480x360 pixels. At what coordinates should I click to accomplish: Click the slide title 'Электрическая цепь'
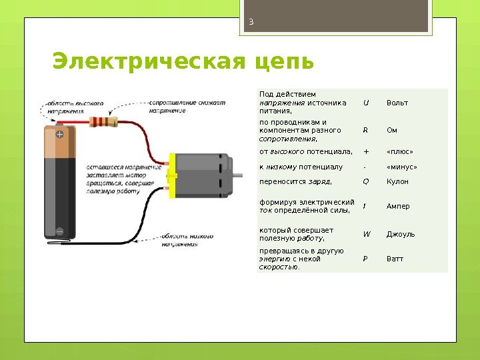pyautogui.click(x=183, y=61)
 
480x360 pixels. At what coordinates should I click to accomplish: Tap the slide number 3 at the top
pyautogui.click(x=251, y=21)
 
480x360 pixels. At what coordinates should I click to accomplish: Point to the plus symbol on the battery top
pyautogui.click(x=59, y=134)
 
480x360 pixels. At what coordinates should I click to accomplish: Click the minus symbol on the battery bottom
pyautogui.click(x=59, y=231)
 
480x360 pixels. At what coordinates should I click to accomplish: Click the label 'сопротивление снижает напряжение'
pyautogui.click(x=187, y=107)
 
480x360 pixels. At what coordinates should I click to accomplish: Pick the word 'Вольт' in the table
pyautogui.click(x=397, y=103)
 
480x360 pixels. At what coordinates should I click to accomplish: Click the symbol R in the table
pyautogui.click(x=365, y=130)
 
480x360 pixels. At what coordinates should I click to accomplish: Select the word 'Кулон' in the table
pyautogui.click(x=397, y=181)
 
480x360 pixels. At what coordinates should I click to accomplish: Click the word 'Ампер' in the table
pyautogui.click(x=398, y=206)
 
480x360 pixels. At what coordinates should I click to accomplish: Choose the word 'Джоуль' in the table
pyautogui.click(x=400, y=234)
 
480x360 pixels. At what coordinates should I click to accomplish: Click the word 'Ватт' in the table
pyautogui.click(x=395, y=259)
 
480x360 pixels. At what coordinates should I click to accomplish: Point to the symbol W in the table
pyautogui.click(x=366, y=234)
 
